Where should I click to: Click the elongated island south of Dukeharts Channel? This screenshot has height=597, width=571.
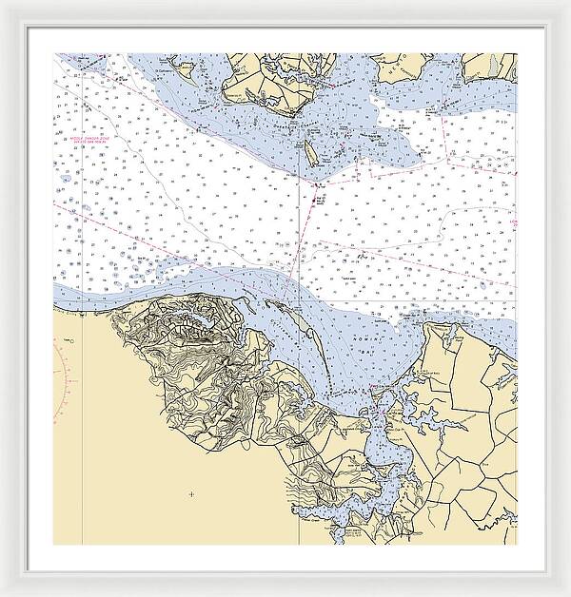point(309,150)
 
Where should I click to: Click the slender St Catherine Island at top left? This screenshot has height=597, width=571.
point(186,67)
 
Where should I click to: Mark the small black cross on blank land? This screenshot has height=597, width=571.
point(191,493)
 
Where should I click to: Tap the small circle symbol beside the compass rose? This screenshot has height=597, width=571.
point(68,339)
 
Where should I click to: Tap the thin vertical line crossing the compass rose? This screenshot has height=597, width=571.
point(83,380)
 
